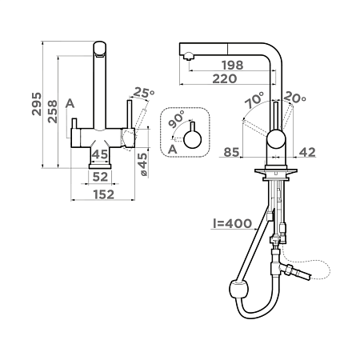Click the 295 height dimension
[x=37, y=104]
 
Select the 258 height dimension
[x=53, y=111]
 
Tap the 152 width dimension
[x=104, y=194]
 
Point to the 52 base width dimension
[x=100, y=177]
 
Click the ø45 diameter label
[x=142, y=164]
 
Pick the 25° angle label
[x=144, y=93]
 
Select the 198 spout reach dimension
[x=233, y=65]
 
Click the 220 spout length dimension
[x=225, y=78]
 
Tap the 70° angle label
[x=254, y=100]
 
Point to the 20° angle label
[x=294, y=97]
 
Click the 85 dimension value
[x=231, y=152]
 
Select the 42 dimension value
[x=307, y=152]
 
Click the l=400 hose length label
[x=232, y=223]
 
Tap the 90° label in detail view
[x=177, y=119]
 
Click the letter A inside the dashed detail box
[x=173, y=150]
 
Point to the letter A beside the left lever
[x=70, y=103]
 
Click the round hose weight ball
[x=239, y=290]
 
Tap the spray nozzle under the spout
[x=189, y=56]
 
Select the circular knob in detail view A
[x=193, y=139]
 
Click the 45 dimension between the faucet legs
[x=100, y=154]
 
